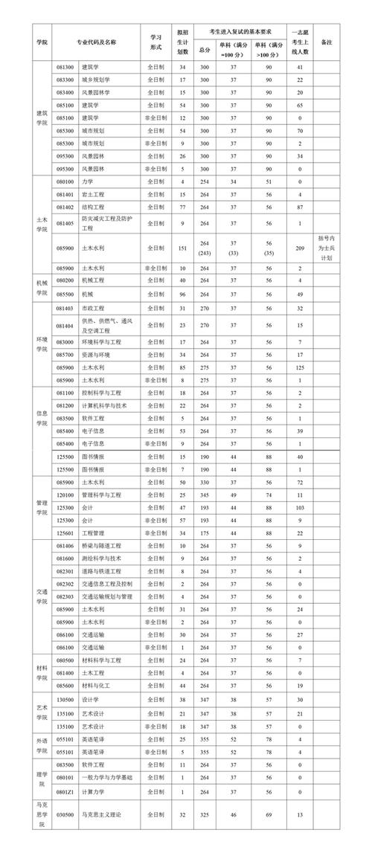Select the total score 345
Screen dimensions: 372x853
205,494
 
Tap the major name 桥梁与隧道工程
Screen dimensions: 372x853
100,546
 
